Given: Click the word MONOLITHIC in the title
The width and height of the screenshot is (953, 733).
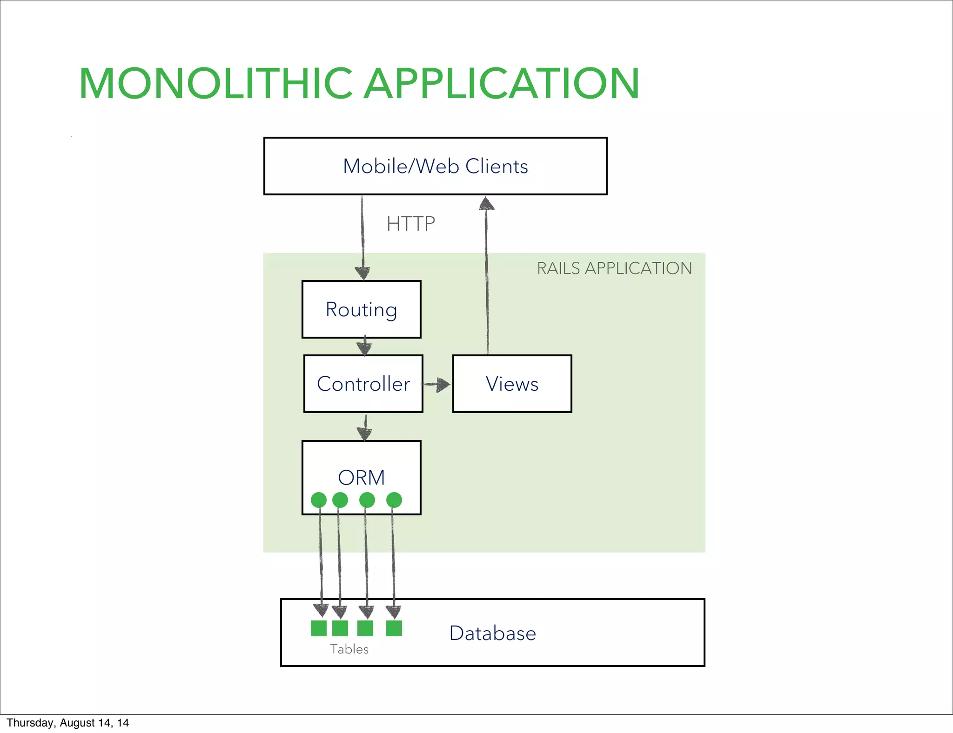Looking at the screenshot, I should [215, 84].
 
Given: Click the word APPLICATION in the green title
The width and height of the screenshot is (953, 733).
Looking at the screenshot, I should [501, 84].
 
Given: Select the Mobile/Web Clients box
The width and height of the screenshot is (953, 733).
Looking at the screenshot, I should [435, 166].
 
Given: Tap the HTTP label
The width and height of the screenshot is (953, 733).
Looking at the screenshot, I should [410, 224].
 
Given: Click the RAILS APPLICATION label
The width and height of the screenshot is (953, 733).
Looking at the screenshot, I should [614, 268].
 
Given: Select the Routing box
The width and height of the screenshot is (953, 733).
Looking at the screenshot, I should [361, 309].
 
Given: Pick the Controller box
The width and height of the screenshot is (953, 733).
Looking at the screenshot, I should [363, 384].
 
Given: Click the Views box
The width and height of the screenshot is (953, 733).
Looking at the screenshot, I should [512, 384].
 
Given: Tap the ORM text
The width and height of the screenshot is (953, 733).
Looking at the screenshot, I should [361, 477].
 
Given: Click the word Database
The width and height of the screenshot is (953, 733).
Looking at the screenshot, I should [492, 633].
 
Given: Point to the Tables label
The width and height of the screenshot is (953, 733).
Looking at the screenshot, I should [349, 649].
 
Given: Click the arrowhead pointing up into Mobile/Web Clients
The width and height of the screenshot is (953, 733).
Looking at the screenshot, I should [487, 204].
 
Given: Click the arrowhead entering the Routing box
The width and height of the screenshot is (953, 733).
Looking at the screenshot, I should [362, 273].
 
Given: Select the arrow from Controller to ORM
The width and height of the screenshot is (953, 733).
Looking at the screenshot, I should [365, 428].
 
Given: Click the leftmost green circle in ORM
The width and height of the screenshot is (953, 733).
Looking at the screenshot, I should [319, 500].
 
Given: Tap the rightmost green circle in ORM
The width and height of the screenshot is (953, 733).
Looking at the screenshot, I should [394, 500].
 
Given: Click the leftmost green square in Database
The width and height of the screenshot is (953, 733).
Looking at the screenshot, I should [319, 628].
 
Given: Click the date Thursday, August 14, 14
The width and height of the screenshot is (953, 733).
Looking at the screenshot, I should [67, 723].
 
